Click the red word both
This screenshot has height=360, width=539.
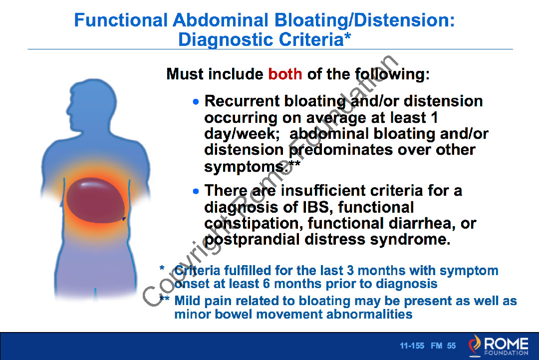pyautogui.click(x=285, y=74)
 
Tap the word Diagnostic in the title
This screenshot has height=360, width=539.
pyautogui.click(x=226, y=39)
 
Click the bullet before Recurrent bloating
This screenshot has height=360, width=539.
pyautogui.click(x=196, y=101)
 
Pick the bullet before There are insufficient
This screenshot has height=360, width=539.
pyautogui.click(x=196, y=191)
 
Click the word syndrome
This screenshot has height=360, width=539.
pyautogui.click(x=410, y=240)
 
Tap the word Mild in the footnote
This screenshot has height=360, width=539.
pyautogui.click(x=187, y=301)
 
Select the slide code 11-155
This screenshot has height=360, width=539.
pyautogui.click(x=412, y=346)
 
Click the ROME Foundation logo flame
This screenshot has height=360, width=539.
pyautogui.click(x=475, y=345)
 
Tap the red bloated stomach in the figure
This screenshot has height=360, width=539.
pyautogui.click(x=95, y=200)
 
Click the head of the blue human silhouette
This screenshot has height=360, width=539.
pyautogui.click(x=92, y=103)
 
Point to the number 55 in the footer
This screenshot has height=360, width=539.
pyautogui.click(x=451, y=346)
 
